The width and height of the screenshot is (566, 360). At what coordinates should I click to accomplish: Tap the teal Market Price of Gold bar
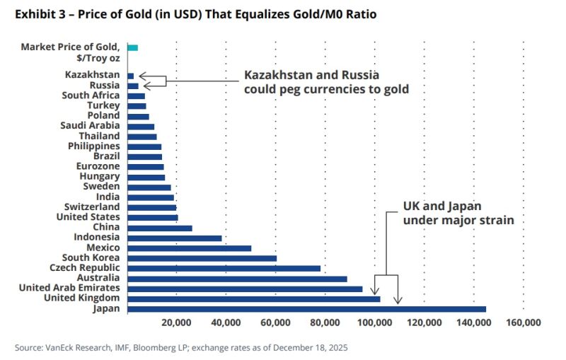pyautogui.click(x=132, y=47)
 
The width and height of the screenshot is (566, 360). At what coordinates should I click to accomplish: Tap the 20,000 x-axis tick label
pyautogui.click(x=176, y=323)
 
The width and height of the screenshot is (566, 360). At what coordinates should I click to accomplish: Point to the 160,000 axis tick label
pyautogui.click(x=524, y=323)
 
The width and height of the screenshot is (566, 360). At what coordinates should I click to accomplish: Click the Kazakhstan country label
pyautogui.click(x=92, y=75)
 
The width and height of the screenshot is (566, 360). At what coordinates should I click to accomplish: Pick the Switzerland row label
pyautogui.click(x=92, y=207)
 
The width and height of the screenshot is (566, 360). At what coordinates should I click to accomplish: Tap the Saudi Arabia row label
pyautogui.click(x=90, y=126)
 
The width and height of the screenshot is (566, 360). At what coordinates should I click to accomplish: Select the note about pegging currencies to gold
pyautogui.click(x=326, y=82)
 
